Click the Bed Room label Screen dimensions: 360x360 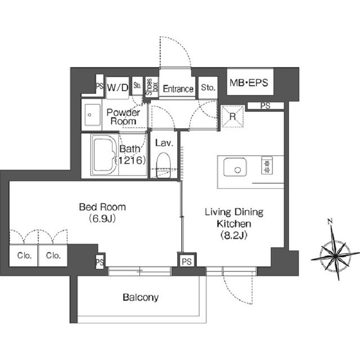102,207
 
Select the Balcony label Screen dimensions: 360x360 141,298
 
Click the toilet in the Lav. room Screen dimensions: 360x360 163,165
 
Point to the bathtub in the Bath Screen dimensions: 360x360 105,155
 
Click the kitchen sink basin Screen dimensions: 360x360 235,167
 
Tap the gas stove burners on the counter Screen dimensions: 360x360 267,165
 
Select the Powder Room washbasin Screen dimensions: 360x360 92,115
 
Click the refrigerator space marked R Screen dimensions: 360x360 232,116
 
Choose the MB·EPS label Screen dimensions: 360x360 249,83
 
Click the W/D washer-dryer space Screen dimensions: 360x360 118,88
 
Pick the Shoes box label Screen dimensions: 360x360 152,87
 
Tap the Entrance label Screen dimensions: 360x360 178,89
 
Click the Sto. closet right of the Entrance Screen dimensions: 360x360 208,87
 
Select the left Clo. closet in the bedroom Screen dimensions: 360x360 24,255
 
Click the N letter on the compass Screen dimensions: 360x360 330,222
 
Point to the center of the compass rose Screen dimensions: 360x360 335,255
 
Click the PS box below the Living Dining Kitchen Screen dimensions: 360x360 187,262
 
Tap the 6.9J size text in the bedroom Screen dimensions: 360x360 102,219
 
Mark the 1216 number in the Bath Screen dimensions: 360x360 131,160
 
